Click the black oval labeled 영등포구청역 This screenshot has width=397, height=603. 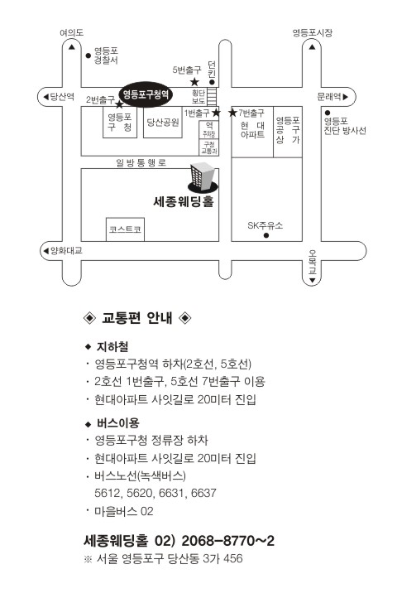(146, 94)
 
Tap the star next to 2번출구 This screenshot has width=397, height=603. (119, 104)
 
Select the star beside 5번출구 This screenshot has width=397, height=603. (194, 82)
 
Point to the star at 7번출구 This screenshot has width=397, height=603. (232, 113)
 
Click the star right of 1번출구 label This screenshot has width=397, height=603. (216, 113)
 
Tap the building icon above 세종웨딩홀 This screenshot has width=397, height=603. (203, 177)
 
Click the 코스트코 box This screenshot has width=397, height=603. (125, 229)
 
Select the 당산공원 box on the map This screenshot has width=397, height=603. (163, 123)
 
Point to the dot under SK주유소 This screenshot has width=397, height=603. (266, 235)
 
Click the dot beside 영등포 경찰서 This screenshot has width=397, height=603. (88, 55)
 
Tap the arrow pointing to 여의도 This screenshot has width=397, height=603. (72, 47)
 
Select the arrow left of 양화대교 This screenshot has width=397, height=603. (45, 251)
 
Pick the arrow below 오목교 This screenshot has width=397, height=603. (312, 280)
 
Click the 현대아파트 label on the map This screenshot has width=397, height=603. (252, 129)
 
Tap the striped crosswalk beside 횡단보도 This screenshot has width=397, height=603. (213, 96)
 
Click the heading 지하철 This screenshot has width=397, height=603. (112, 347)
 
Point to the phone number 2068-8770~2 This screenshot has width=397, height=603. (228, 541)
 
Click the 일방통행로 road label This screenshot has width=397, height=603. (141, 162)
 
